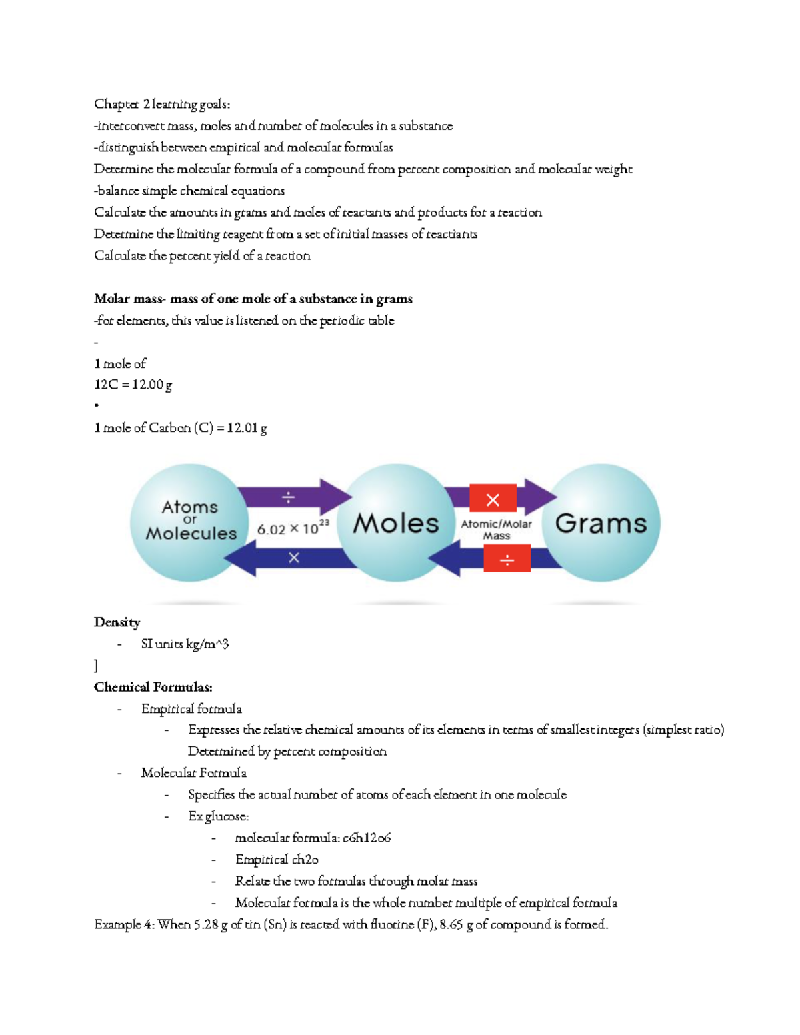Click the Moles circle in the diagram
[396, 523]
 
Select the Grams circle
[601, 523]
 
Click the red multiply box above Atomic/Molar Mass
[493, 499]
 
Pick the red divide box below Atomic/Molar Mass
[507, 559]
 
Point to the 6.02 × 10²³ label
[293, 529]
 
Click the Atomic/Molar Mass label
[497, 530]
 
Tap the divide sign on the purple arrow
[288, 498]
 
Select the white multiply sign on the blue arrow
[293, 558]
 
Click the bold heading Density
[117, 622]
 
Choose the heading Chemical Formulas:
[153, 687]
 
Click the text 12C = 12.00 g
[133, 385]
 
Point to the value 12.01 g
[247, 428]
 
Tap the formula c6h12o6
[367, 838]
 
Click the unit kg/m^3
[207, 644]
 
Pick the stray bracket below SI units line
[96, 666]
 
